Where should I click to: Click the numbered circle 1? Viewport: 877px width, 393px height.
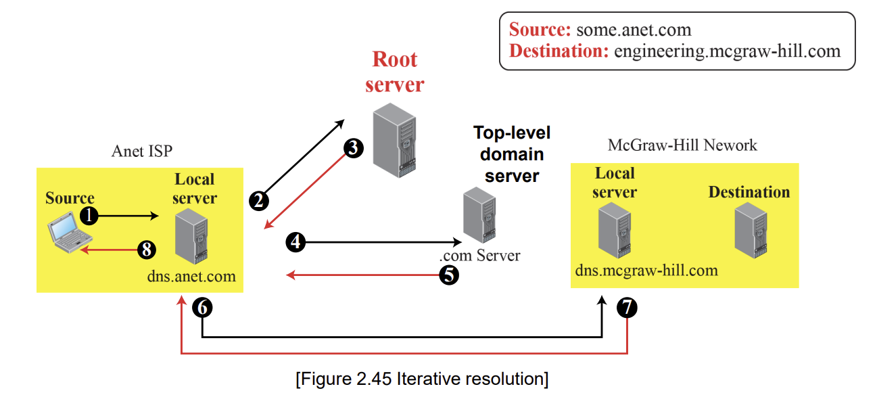(89, 216)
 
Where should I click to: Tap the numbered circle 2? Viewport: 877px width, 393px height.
(259, 201)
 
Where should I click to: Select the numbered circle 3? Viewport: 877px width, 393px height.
(353, 148)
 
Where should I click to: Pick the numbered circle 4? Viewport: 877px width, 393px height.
(295, 242)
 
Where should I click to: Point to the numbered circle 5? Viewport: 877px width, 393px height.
(449, 275)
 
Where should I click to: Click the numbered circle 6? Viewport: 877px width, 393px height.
(202, 308)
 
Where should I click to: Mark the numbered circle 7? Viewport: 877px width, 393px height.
(627, 307)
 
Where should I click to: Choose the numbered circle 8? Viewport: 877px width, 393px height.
(147, 250)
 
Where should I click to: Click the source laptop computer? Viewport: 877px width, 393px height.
(70, 233)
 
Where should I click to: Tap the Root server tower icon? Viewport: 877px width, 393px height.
(395, 140)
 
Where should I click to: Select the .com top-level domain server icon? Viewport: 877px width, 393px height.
(479, 215)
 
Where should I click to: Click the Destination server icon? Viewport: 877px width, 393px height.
(751, 231)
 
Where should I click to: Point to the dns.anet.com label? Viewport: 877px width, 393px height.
(191, 276)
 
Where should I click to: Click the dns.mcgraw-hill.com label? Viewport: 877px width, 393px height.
(646, 271)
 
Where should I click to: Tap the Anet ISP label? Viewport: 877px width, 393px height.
(142, 152)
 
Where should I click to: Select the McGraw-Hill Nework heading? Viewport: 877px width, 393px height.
(682, 145)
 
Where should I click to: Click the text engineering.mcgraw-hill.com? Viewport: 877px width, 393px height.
(727, 51)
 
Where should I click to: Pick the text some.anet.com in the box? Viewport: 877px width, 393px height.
(634, 30)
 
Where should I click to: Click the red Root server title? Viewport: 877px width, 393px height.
(395, 72)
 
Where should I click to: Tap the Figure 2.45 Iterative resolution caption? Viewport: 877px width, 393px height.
(422, 379)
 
